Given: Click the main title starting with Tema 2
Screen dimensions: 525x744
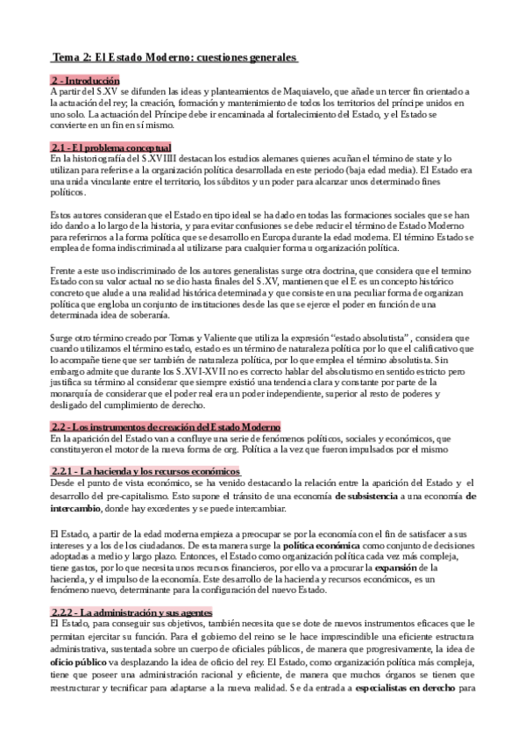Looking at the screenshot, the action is pyautogui.click(x=174, y=58).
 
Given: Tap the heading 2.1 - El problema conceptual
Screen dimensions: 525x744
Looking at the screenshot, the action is pyautogui.click(x=111, y=147).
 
